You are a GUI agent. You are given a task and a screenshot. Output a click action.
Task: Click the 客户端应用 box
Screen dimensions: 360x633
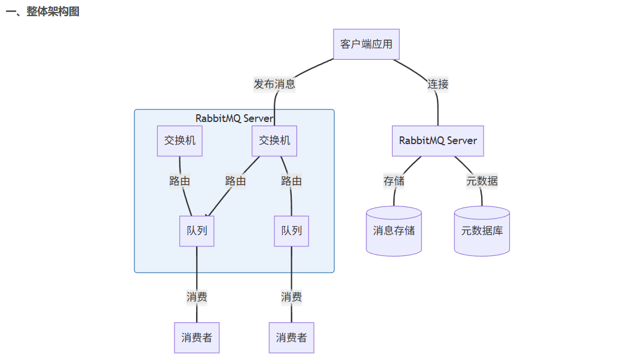pyautogui.click(x=366, y=44)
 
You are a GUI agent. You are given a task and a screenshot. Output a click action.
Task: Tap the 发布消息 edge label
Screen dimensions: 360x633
pyautogui.click(x=274, y=84)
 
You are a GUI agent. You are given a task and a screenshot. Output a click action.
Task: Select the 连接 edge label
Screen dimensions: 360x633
pyautogui.click(x=438, y=84)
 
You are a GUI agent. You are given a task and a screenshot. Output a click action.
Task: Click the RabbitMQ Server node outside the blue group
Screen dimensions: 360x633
pyautogui.click(x=438, y=141)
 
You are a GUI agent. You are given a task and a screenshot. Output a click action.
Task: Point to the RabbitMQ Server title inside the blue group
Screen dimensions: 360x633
pyautogui.click(x=234, y=118)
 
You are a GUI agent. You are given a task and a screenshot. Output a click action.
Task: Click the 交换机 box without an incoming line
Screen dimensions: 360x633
pyautogui.click(x=180, y=141)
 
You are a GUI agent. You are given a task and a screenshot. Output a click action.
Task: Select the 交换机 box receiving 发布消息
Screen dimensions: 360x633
pyautogui.click(x=274, y=141)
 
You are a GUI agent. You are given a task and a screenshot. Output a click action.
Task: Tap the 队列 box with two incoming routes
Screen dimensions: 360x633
pyautogui.click(x=197, y=231)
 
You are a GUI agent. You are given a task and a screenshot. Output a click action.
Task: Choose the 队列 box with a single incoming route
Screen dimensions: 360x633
pyautogui.click(x=291, y=231)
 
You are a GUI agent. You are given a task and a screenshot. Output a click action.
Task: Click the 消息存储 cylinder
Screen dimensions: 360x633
pyautogui.click(x=394, y=231)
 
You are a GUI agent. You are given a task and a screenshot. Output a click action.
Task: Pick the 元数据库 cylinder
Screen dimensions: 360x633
pyautogui.click(x=482, y=231)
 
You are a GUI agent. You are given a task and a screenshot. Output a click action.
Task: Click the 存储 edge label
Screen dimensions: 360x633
pyautogui.click(x=394, y=181)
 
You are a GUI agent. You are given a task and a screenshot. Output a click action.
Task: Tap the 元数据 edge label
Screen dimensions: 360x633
pyautogui.click(x=482, y=181)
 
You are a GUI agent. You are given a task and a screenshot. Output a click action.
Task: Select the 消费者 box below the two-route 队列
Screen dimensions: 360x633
pyautogui.click(x=197, y=338)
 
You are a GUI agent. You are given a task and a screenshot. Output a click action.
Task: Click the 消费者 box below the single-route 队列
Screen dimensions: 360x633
pyautogui.click(x=291, y=338)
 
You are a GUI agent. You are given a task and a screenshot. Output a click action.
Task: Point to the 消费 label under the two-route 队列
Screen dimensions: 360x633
pyautogui.click(x=197, y=297)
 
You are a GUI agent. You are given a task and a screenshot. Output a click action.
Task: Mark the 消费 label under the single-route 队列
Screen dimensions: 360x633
pyautogui.click(x=291, y=297)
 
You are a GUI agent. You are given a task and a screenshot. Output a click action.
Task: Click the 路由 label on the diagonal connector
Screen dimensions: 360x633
pyautogui.click(x=236, y=181)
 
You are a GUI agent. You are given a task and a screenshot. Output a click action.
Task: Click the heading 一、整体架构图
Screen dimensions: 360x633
pyautogui.click(x=42, y=12)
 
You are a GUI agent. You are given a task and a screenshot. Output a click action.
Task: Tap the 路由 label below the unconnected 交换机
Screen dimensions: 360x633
pyautogui.click(x=179, y=181)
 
